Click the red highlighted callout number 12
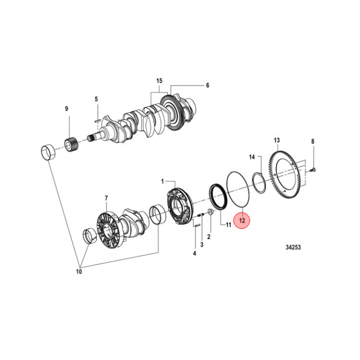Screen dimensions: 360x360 click(x=242, y=220)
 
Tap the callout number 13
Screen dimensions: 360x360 click(x=276, y=140)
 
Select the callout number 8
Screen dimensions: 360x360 click(x=313, y=141)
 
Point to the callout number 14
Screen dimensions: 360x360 click(x=252, y=157)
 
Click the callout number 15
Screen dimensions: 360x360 click(x=159, y=81)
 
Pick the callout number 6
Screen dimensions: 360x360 click(x=207, y=85)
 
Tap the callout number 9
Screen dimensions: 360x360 click(x=65, y=108)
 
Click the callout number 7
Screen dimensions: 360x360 click(x=106, y=198)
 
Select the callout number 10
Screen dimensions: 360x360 click(x=78, y=271)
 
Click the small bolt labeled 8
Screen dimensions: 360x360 click(x=312, y=170)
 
